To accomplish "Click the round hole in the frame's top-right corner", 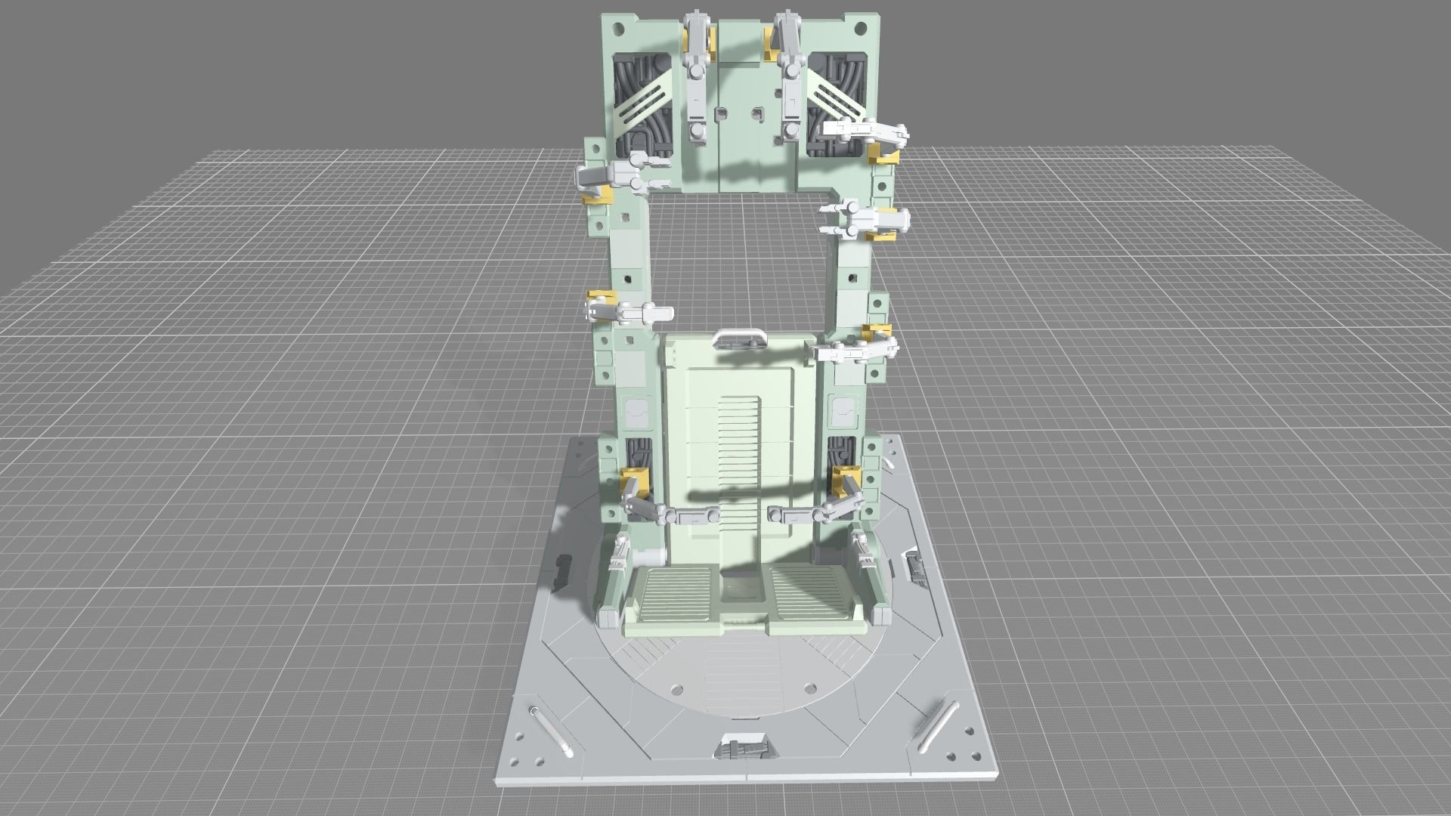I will (x=859, y=29).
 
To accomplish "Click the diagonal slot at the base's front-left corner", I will (x=549, y=731).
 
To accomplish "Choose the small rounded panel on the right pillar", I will (x=843, y=411).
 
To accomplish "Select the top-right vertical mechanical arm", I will (x=790, y=76).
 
